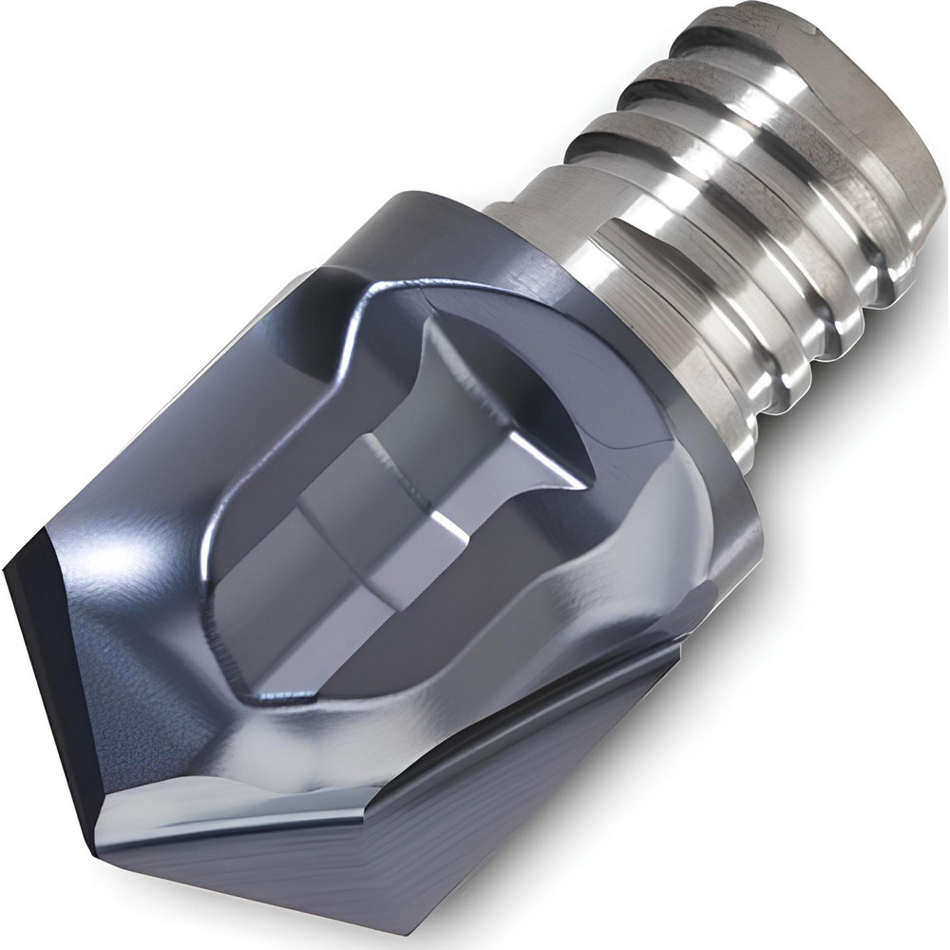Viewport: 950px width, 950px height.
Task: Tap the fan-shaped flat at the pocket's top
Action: click(x=494, y=399)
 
